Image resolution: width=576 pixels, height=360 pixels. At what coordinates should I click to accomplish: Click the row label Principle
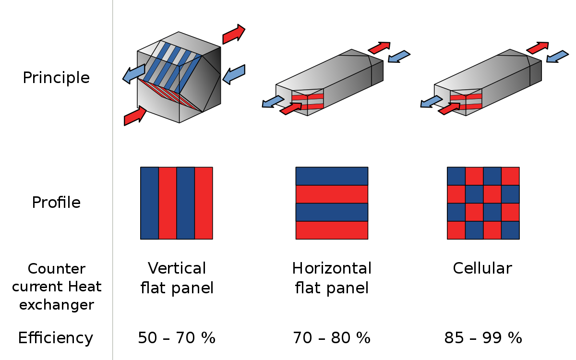(56, 78)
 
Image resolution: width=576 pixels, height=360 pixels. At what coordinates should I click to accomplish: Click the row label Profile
(56, 203)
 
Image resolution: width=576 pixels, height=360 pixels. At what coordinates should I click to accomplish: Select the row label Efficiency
(56, 338)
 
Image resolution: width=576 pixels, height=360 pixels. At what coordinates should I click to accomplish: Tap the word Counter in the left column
(57, 269)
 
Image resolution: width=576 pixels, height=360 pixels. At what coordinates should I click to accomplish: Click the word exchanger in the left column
(57, 305)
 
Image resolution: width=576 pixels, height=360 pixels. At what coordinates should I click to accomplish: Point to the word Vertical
(177, 268)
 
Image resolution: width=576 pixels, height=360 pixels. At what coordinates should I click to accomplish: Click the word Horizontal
(332, 268)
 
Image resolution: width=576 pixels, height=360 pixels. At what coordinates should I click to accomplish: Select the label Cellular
(482, 268)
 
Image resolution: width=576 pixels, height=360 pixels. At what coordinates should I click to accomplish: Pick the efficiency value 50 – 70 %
(177, 338)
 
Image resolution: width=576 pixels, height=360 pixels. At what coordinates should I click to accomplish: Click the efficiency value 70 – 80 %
(332, 338)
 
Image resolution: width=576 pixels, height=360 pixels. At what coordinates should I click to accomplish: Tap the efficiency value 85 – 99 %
(483, 338)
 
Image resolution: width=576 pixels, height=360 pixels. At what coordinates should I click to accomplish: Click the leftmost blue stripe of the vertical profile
(149, 203)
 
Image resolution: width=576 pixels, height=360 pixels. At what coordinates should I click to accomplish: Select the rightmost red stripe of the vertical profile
(204, 203)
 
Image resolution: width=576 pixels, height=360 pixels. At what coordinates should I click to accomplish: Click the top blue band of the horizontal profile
(332, 176)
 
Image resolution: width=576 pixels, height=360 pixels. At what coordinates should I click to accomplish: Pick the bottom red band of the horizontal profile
(332, 230)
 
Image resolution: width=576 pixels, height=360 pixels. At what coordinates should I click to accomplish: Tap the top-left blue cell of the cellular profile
(456, 176)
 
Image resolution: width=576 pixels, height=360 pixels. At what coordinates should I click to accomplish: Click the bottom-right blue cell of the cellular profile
(510, 230)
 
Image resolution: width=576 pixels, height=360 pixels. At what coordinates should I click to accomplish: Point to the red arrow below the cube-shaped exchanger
(135, 116)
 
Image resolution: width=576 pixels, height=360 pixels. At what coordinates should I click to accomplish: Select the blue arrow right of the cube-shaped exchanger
(234, 74)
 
